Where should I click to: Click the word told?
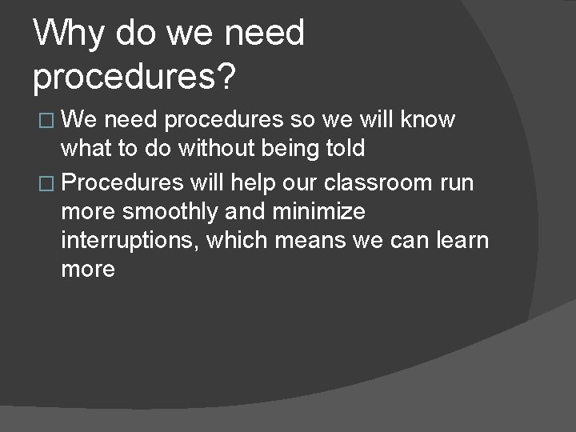(x=344, y=149)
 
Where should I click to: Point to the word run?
(x=457, y=183)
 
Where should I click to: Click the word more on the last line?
(x=88, y=270)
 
